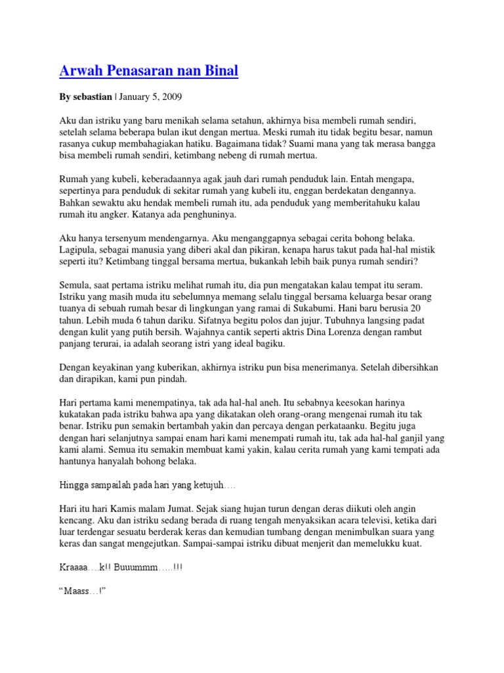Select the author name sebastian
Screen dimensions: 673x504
pyautogui.click(x=92, y=97)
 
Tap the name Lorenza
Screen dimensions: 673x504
pyautogui.click(x=311, y=333)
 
